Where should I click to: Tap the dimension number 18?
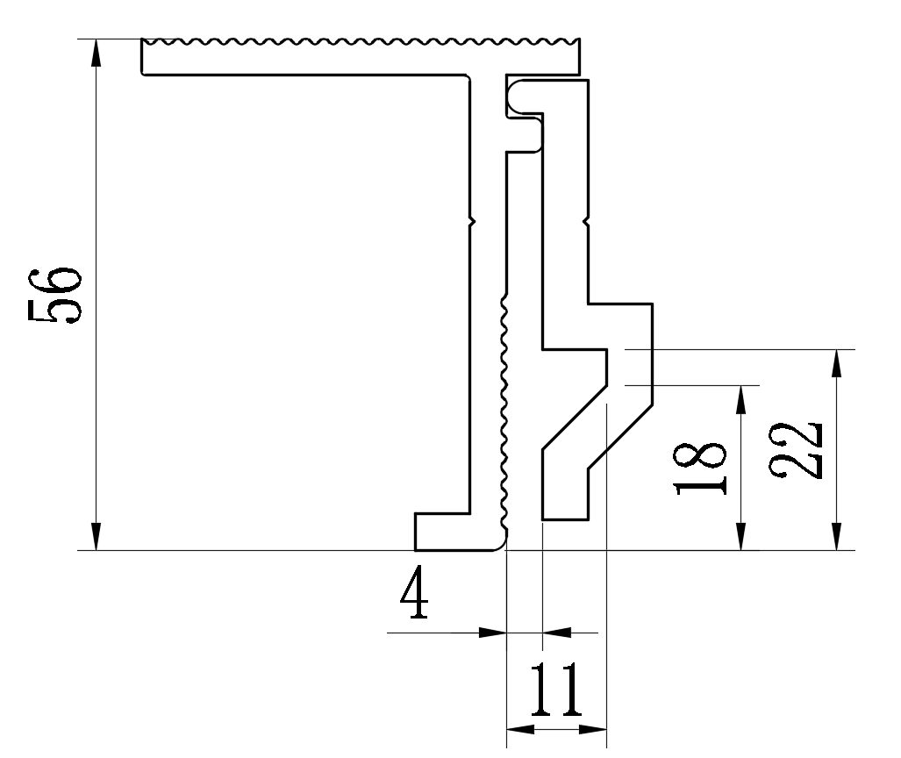(x=702, y=469)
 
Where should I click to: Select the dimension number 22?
(x=797, y=449)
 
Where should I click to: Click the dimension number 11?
(x=556, y=690)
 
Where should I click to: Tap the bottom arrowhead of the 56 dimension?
(x=96, y=538)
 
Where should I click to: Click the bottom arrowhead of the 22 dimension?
(x=837, y=538)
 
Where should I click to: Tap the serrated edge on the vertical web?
(x=505, y=412)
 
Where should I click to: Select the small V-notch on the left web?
(x=473, y=220)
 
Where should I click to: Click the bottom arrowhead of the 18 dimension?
(x=741, y=538)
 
